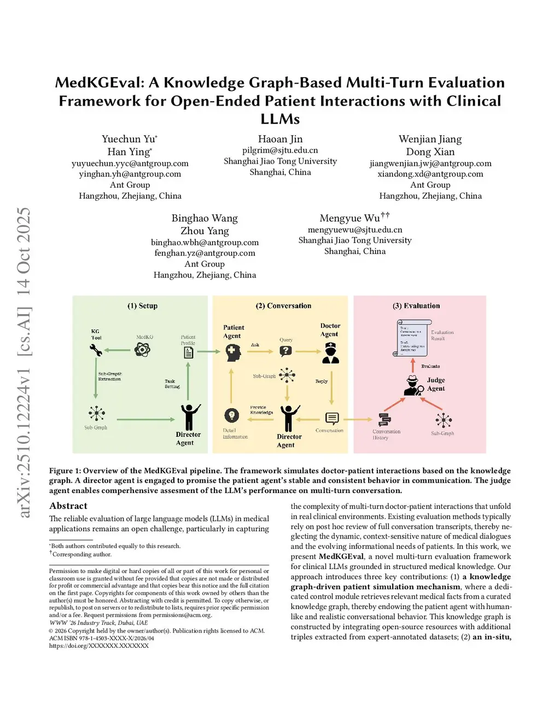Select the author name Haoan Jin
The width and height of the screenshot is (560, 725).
point(280,139)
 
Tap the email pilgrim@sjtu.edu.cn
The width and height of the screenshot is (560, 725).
point(280,150)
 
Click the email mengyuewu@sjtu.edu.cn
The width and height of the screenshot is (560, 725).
point(355,230)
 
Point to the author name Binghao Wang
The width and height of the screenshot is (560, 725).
point(205,218)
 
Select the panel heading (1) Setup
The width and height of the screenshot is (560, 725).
point(142,306)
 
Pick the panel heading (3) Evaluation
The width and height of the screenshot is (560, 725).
point(416,306)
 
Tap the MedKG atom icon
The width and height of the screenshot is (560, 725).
point(143,349)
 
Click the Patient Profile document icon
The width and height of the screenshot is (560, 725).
point(189,352)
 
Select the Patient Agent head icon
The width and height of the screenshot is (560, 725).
point(234,352)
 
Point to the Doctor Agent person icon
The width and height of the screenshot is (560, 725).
point(330,353)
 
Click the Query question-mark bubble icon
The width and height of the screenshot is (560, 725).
point(286,351)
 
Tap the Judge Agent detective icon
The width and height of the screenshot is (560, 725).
point(413,386)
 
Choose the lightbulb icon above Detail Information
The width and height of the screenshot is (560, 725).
point(232,416)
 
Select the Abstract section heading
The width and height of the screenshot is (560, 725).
point(68,506)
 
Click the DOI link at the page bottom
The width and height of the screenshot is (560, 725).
point(99,646)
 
